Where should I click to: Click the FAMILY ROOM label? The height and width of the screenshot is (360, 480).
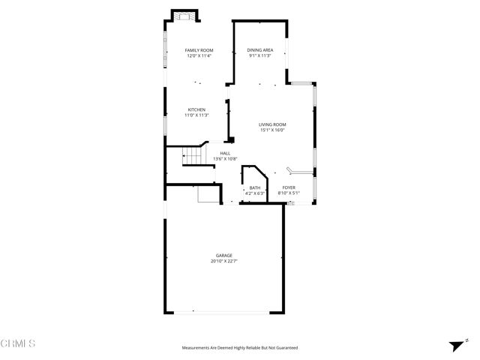[199, 50]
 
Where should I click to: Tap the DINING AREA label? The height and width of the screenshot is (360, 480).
[259, 50]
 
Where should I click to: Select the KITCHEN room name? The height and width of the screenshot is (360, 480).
[196, 109]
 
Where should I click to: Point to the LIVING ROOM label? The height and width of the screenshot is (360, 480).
[272, 124]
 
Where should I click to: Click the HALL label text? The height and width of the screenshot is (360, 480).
[225, 153]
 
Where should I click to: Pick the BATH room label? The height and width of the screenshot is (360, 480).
[255, 188]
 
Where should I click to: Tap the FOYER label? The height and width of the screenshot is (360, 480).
[289, 188]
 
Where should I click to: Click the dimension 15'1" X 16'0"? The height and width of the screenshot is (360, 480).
[272, 130]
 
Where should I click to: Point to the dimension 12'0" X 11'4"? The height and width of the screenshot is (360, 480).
[199, 55]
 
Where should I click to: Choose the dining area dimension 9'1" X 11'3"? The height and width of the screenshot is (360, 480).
[259, 55]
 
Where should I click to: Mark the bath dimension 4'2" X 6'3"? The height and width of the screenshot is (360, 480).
[255, 193]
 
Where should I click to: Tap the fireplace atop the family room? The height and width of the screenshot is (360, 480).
[184, 16]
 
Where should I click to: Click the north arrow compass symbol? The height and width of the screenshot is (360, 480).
[455, 346]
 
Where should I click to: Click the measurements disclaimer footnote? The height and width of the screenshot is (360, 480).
[240, 348]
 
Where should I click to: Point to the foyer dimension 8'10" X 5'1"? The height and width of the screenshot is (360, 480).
[289, 193]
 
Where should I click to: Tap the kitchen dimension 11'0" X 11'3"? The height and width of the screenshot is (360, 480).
[196, 115]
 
